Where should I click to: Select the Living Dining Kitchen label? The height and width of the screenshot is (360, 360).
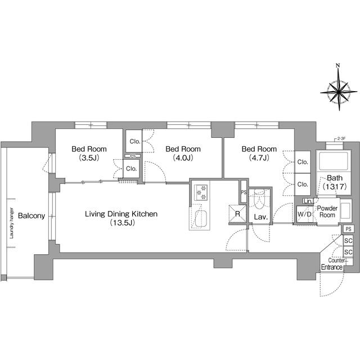[x=121, y=218]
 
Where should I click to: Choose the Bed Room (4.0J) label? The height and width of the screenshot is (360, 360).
[x=183, y=153]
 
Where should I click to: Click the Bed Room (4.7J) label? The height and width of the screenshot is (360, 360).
[x=259, y=153]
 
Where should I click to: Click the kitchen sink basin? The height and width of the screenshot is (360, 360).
[x=200, y=219]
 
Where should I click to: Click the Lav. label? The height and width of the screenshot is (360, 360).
[x=260, y=216]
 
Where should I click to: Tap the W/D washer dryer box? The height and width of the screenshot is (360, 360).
[x=305, y=214]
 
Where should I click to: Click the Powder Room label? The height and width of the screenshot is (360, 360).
[x=327, y=211]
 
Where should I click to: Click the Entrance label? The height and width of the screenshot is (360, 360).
[x=332, y=267]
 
